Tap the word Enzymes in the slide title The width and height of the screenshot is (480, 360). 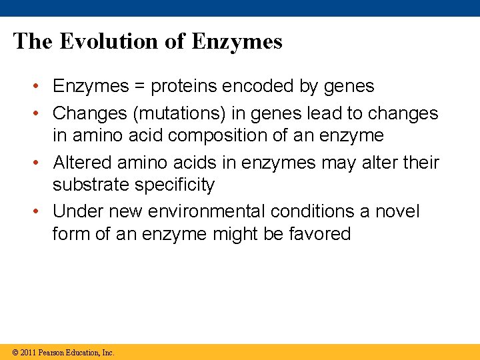click(237, 41)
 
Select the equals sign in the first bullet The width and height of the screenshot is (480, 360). click(139, 87)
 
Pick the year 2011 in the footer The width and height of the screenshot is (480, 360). click(28, 352)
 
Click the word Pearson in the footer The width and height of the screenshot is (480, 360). click(52, 352)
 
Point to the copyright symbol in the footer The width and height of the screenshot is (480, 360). click(15, 352)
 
